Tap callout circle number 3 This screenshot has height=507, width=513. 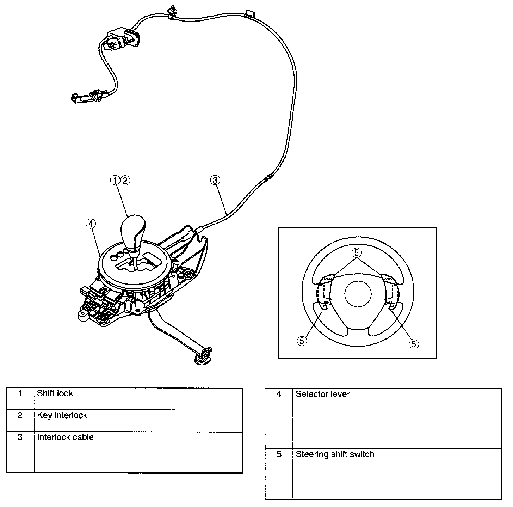coord(215,180)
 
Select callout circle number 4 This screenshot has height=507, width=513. coord(91,224)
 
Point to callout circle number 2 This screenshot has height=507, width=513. coord(125,180)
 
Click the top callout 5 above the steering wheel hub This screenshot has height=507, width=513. coord(357,253)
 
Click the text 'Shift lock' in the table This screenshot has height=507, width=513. coord(55,393)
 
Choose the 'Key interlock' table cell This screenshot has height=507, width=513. coord(62,415)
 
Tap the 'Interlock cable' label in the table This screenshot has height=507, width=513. coord(66,437)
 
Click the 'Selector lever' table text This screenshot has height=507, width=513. coord(323,394)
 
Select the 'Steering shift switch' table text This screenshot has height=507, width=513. coord(335,454)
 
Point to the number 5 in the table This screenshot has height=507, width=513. coord(279,454)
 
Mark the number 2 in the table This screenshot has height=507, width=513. coord(20,415)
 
